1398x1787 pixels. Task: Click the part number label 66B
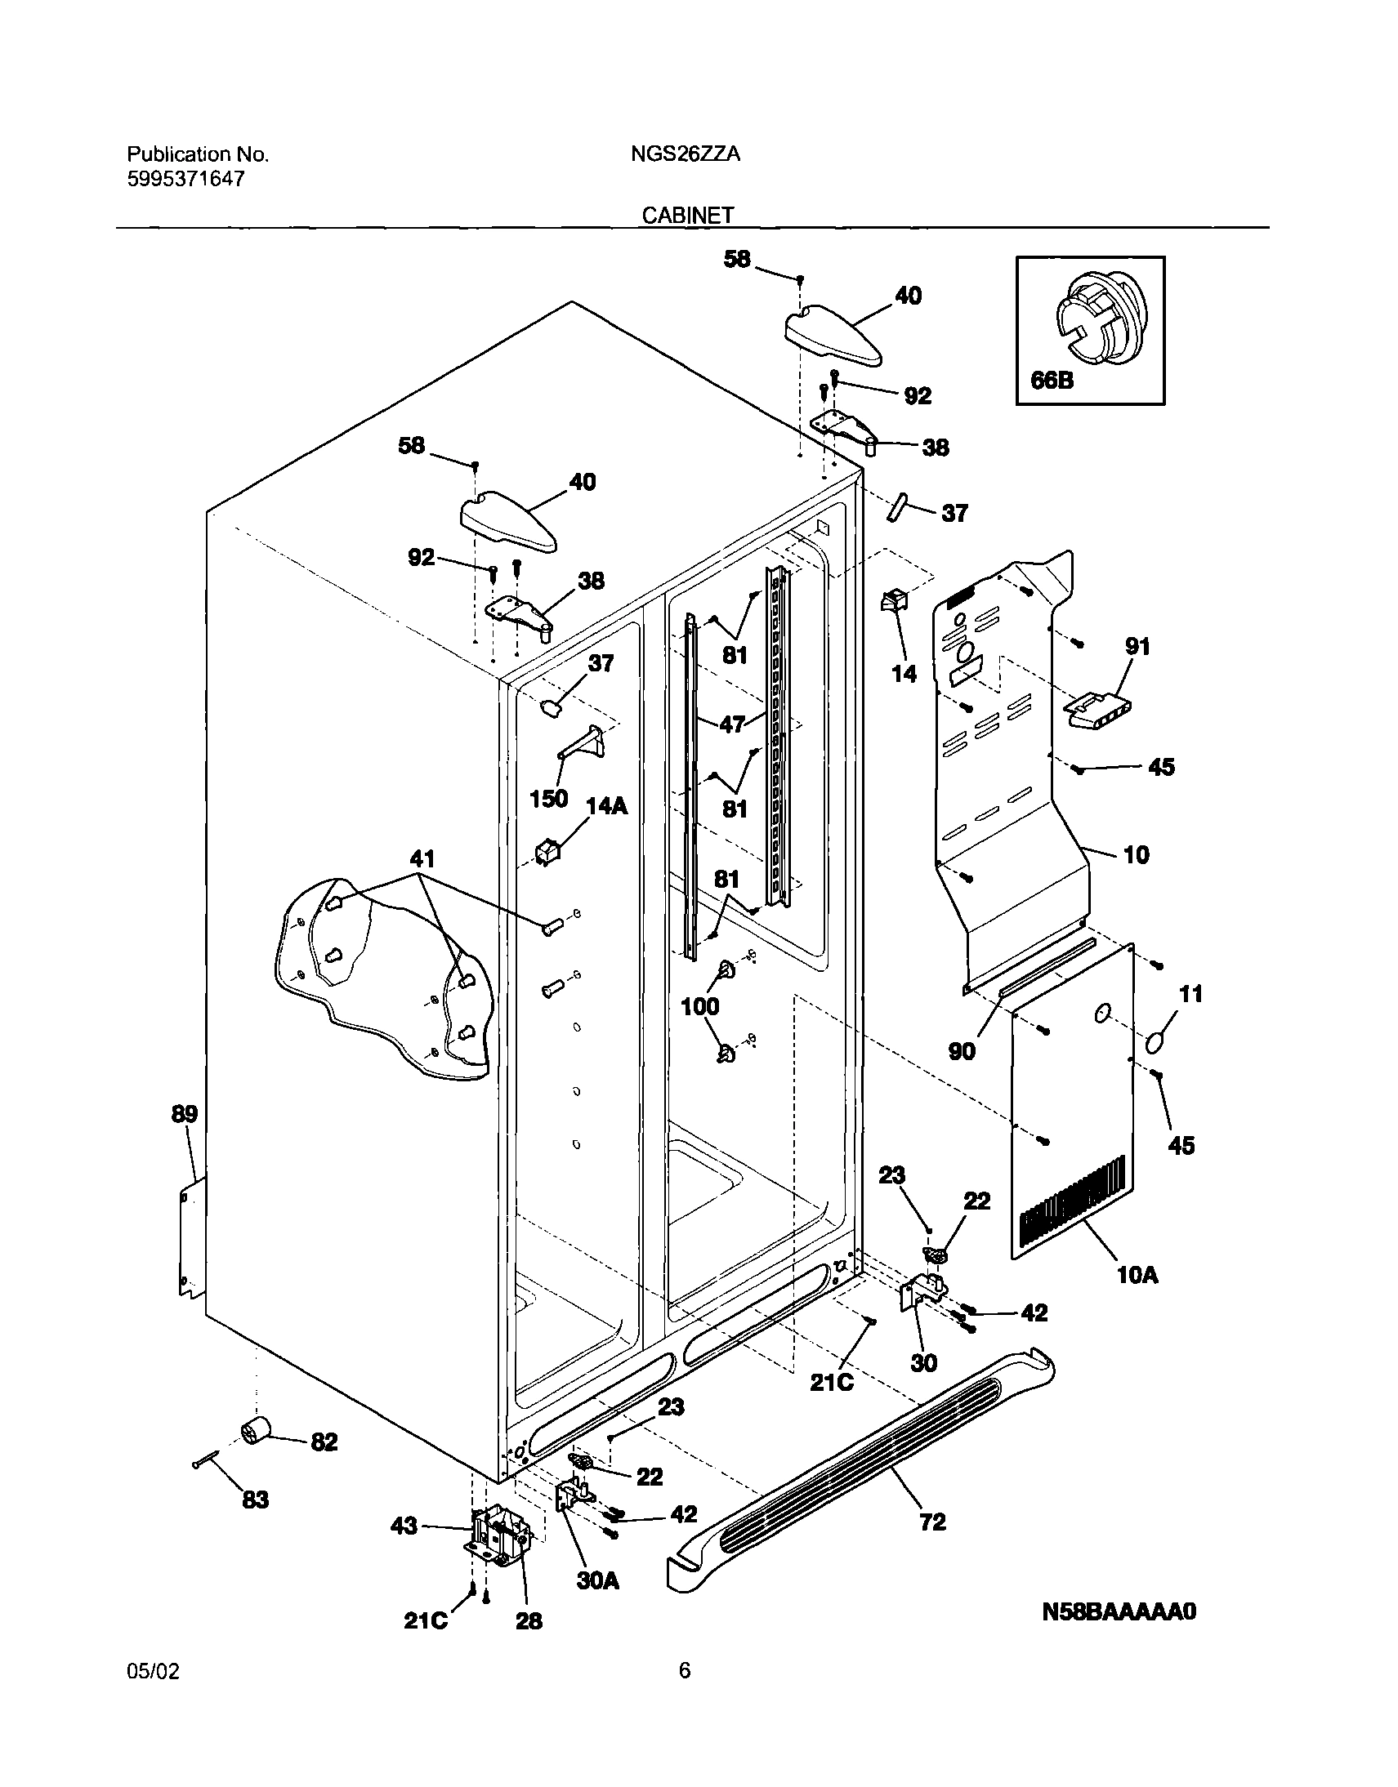pos(1052,381)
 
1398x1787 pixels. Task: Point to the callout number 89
pos(184,1114)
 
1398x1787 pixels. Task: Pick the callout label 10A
pos(1137,1297)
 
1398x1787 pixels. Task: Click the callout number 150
pos(548,799)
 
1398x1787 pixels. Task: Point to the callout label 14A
pos(606,806)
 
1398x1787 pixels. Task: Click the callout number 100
pos(700,1006)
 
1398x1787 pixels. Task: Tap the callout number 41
pos(422,858)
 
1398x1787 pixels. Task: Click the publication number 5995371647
pos(185,179)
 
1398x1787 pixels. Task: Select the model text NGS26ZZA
pos(685,154)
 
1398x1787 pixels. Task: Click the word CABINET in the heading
pos(687,215)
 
